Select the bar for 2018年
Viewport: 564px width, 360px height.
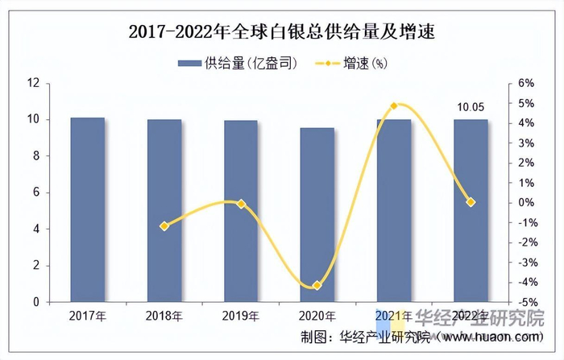(164, 210)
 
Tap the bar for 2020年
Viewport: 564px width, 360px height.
(317, 214)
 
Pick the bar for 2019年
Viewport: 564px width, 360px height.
(241, 211)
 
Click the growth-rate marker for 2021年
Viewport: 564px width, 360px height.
(394, 106)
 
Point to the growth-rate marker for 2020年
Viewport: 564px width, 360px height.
(317, 286)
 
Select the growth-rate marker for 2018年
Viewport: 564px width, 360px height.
(164, 226)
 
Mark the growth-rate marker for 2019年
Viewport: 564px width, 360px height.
(241, 204)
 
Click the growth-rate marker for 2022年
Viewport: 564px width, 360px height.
(471, 202)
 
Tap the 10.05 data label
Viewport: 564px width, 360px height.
(471, 107)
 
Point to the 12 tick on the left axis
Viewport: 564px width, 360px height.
(33, 83)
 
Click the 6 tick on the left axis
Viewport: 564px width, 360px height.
(36, 192)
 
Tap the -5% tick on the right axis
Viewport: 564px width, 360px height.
(525, 302)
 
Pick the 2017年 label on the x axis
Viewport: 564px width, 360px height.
(87, 316)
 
